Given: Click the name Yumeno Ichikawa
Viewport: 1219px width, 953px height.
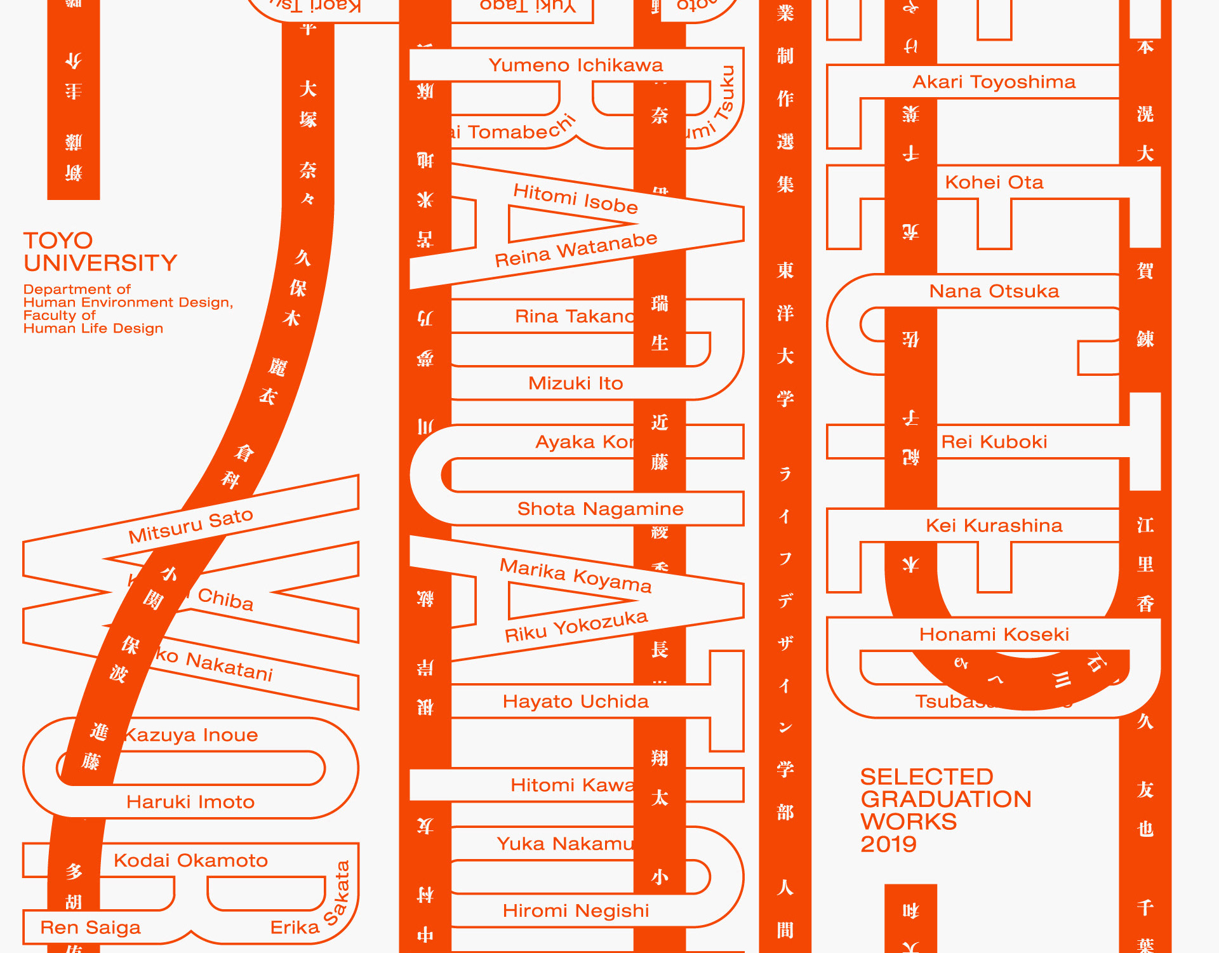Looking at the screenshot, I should (575, 65).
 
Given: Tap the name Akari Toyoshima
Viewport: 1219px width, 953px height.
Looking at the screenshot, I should (994, 82).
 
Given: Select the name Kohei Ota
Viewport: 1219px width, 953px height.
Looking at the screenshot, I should (994, 183).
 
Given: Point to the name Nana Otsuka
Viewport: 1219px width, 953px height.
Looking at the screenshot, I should (994, 291).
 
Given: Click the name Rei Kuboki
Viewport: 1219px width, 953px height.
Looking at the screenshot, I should (994, 442).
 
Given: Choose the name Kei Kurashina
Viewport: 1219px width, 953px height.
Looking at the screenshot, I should (994, 526).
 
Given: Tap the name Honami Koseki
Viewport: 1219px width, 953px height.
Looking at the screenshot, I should (994, 634).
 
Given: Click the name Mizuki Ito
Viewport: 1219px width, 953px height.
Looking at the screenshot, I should (575, 383).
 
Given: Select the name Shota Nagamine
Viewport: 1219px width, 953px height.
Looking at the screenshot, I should (600, 509).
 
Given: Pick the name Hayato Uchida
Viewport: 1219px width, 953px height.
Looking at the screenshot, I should (575, 702).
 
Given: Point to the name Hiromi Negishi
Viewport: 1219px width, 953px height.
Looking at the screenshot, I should (575, 911).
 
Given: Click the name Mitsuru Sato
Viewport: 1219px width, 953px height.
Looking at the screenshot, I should (190, 526).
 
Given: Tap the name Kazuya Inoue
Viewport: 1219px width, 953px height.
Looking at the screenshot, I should (190, 735).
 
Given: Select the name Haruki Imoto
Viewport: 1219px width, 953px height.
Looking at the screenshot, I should (190, 803).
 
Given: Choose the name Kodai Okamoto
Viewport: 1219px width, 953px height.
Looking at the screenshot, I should (190, 861).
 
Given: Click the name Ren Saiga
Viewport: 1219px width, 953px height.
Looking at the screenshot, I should (90, 928).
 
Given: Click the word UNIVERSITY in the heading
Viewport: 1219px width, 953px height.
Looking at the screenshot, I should (100, 263).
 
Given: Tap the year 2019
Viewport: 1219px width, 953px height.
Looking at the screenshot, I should (888, 844).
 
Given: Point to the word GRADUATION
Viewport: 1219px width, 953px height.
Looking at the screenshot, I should (945, 799).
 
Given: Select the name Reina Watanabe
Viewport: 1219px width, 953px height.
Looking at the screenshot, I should (576, 250).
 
